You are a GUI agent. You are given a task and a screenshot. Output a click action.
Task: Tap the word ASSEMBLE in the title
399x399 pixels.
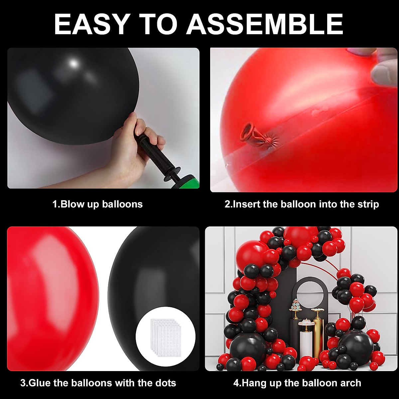(265, 24)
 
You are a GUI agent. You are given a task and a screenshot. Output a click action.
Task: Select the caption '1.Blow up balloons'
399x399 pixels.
(97, 204)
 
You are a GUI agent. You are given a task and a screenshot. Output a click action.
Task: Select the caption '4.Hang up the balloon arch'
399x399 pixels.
(297, 383)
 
